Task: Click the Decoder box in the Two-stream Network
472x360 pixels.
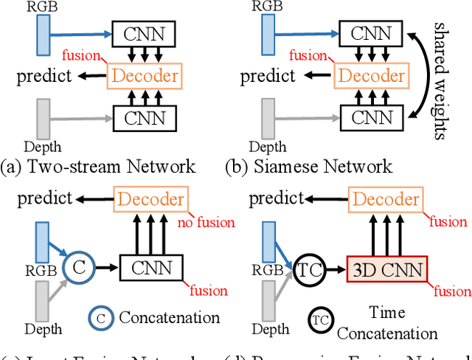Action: (x=144, y=75)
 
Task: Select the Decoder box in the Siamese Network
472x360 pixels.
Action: (x=371, y=75)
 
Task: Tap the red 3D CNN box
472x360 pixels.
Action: (x=387, y=269)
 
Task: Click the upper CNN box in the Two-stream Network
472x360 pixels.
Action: (x=145, y=33)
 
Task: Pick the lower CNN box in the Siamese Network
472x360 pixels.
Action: (x=371, y=117)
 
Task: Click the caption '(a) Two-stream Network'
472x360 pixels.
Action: (x=98, y=165)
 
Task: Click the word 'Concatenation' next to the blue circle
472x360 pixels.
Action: (x=170, y=318)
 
